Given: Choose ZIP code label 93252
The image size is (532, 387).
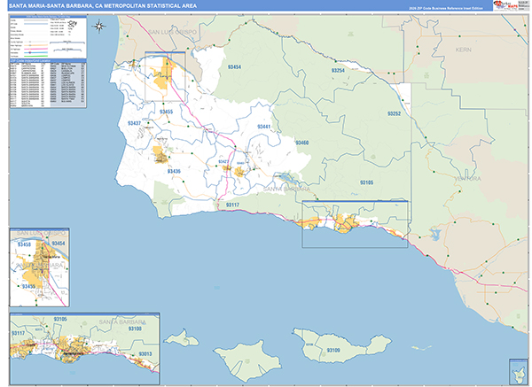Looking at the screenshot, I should [x=395, y=114].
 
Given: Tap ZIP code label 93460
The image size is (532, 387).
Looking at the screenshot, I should [x=301, y=143].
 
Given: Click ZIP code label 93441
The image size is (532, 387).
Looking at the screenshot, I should [x=264, y=128].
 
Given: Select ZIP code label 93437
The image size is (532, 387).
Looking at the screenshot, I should [x=134, y=123].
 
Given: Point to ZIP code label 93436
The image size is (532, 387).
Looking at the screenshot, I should [x=173, y=171].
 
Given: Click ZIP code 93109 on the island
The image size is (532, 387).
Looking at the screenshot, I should [x=332, y=351].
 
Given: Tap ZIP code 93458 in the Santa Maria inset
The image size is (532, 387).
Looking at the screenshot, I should [x=23, y=243].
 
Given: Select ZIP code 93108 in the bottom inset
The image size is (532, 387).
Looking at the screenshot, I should [x=134, y=329].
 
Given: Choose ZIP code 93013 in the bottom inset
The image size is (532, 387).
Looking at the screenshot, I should [x=145, y=355].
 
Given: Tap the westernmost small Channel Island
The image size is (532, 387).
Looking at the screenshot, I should [x=182, y=337].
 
